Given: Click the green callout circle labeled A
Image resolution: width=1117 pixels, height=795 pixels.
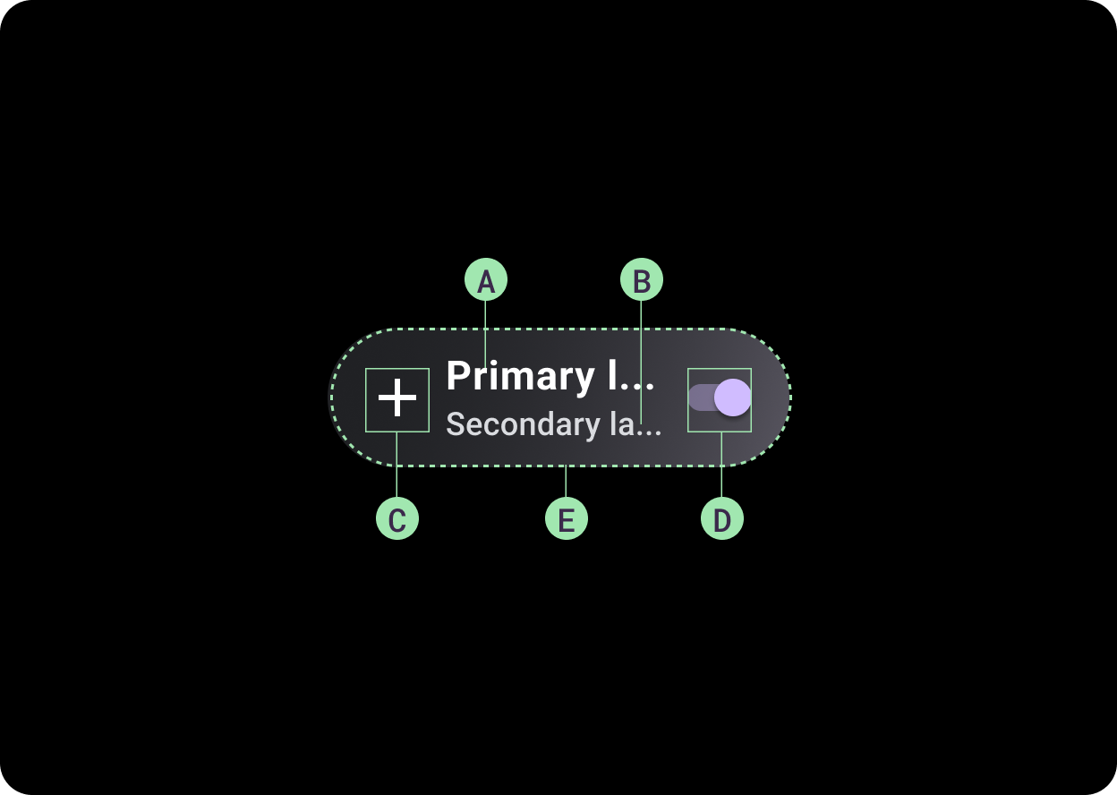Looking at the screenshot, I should click(486, 281).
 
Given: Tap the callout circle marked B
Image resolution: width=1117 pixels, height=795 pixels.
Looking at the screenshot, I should click(642, 281).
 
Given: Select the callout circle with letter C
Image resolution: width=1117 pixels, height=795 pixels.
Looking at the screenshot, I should click(397, 519).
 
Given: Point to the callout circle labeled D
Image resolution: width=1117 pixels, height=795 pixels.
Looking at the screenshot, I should click(722, 519).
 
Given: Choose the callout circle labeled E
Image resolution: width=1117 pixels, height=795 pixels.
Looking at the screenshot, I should click(567, 519).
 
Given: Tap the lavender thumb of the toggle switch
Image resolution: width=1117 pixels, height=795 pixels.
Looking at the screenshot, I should click(732, 397).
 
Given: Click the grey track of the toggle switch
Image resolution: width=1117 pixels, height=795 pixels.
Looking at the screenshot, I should click(700, 397).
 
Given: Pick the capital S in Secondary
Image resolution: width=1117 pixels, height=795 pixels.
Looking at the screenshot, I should click(456, 424).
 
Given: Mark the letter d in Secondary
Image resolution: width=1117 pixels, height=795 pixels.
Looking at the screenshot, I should click(547, 423).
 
